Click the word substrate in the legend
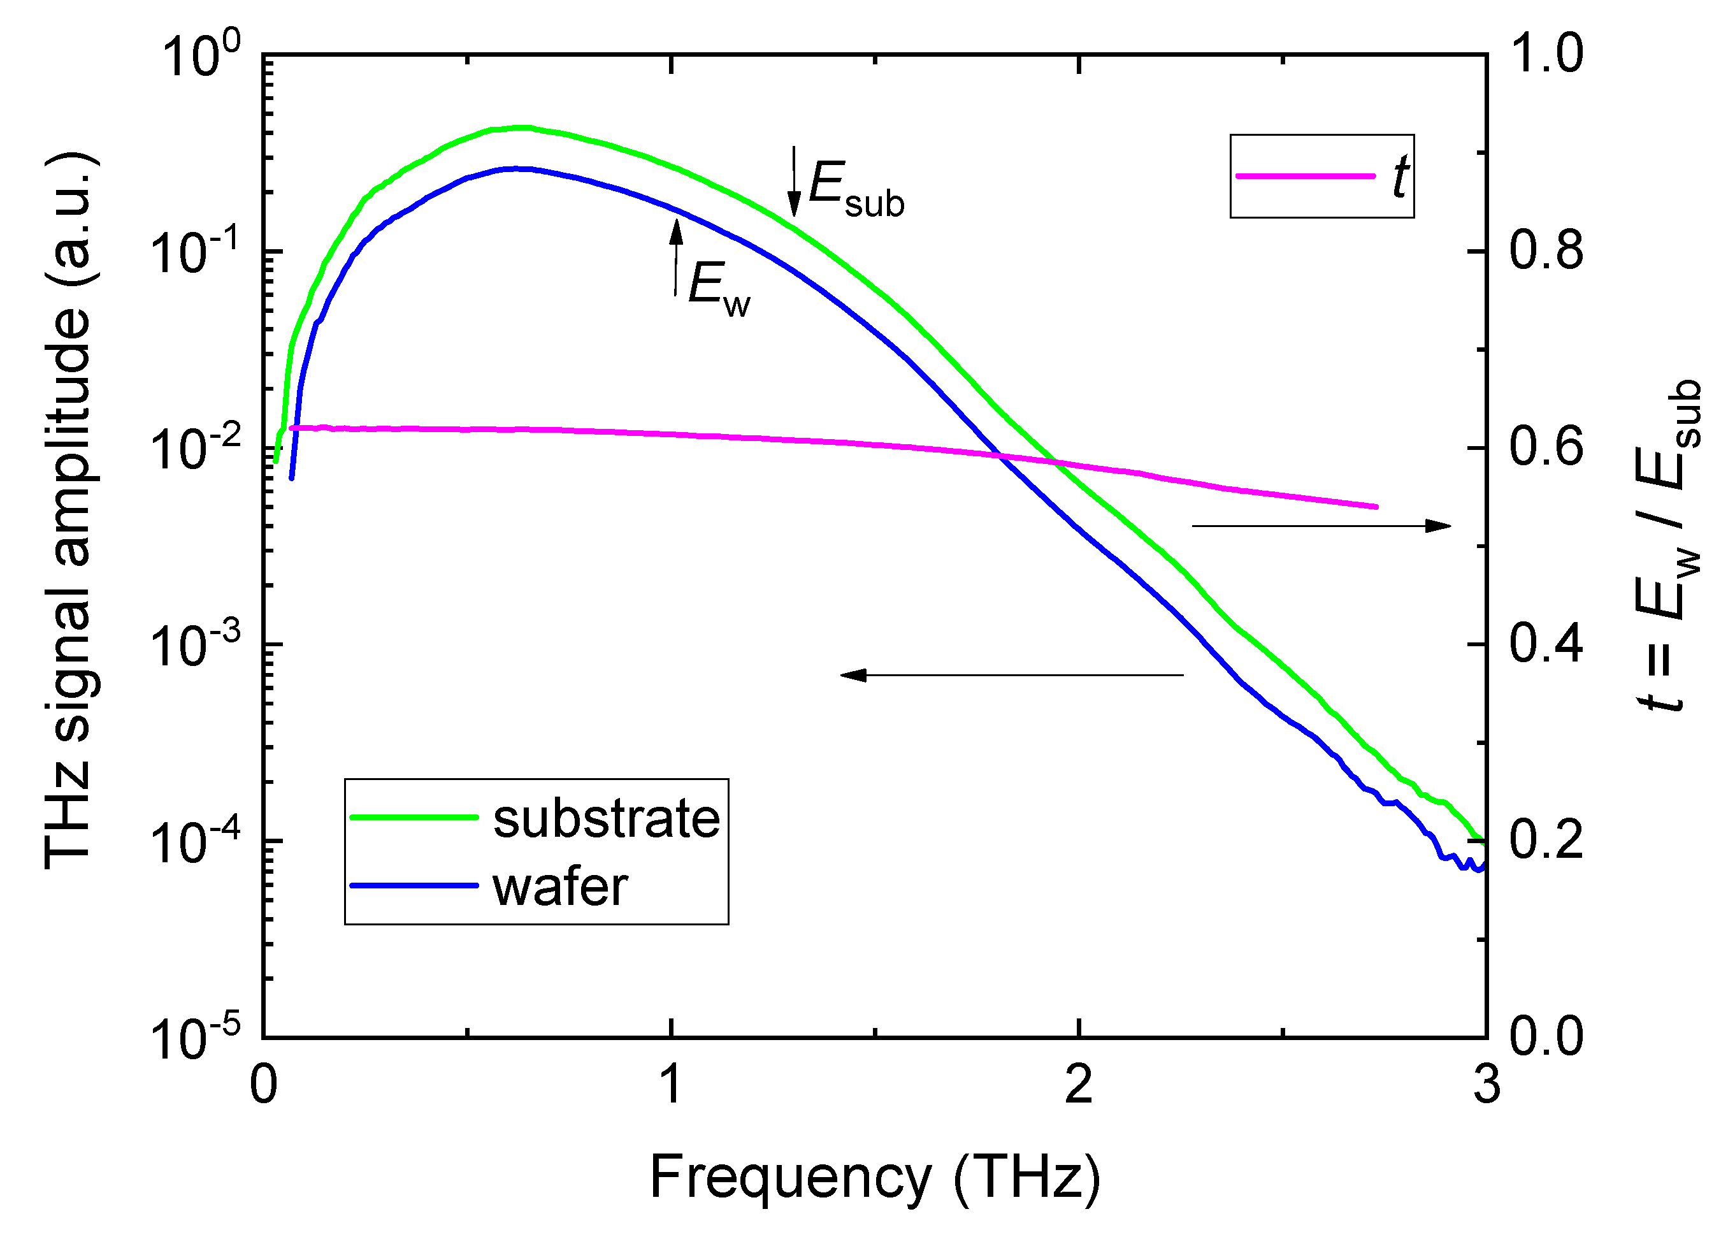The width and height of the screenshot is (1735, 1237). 606,820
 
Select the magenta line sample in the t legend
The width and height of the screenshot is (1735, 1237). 1305,176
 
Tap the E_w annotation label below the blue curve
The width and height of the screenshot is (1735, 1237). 718,289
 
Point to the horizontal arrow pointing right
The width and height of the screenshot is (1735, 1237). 1321,526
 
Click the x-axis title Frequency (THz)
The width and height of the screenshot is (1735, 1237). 874,1177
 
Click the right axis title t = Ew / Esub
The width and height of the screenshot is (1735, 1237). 1668,545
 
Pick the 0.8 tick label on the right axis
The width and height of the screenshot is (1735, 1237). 1546,251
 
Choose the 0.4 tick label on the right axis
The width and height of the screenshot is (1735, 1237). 1546,644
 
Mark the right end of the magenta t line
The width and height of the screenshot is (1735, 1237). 1376,507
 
